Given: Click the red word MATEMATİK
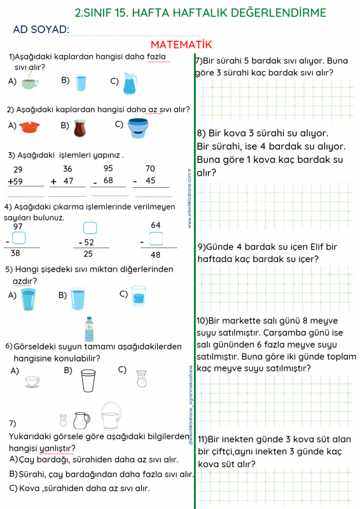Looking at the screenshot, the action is pyautogui.click(x=181, y=45).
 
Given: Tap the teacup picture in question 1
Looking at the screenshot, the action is pyautogui.click(x=30, y=81).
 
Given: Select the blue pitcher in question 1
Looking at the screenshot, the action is pyautogui.click(x=130, y=83).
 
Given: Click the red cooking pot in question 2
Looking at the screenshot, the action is pyautogui.click(x=29, y=127).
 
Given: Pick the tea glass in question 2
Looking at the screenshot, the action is pyautogui.click(x=80, y=128).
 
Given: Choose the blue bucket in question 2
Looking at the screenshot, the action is pyautogui.click(x=138, y=128).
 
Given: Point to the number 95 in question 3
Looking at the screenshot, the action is pyautogui.click(x=108, y=169).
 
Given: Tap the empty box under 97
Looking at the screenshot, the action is pyautogui.click(x=19, y=238).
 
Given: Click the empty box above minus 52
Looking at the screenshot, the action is pyautogui.click(x=90, y=228).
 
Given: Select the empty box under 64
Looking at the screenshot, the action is pyautogui.click(x=156, y=239).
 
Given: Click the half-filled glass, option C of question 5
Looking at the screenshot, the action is pyautogui.click(x=139, y=296).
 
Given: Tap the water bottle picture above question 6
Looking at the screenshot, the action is pyautogui.click(x=89, y=329).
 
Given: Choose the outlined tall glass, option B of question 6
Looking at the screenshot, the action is pyautogui.click(x=88, y=380).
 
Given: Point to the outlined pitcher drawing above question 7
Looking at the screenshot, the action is pyautogui.click(x=81, y=421).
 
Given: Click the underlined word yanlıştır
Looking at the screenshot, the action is pyautogui.click(x=57, y=449).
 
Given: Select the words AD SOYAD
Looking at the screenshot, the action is pyautogui.click(x=41, y=29).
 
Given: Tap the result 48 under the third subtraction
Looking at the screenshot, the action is pyautogui.click(x=155, y=255).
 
